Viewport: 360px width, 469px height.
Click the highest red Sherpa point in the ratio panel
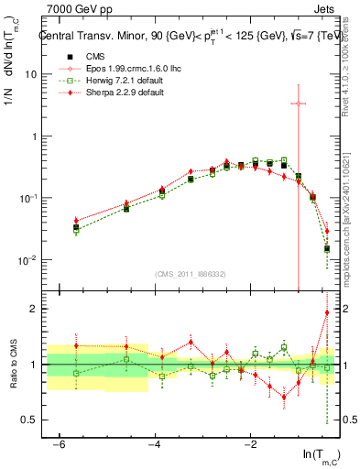(326, 312)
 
